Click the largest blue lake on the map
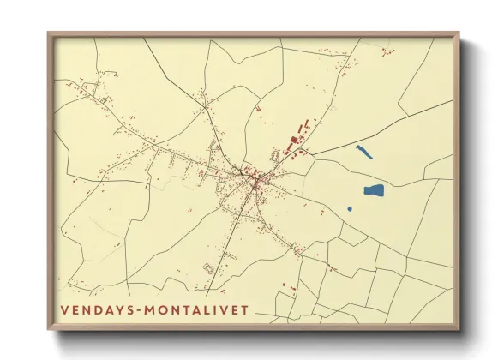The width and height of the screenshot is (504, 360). coord(373,190)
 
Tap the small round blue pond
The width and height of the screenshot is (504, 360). coord(350,209)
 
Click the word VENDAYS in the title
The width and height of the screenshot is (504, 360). coord(93,310)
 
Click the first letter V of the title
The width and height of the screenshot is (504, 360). coord(64,310)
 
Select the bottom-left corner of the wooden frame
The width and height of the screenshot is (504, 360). coord(48,329)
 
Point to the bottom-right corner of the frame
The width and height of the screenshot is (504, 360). coord(459,329)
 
